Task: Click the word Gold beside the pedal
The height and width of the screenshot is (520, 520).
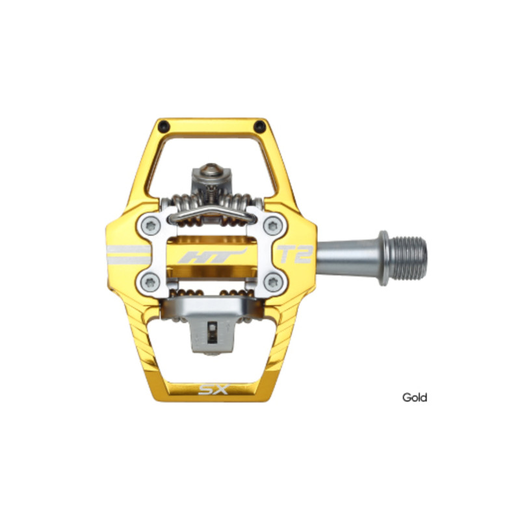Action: pyautogui.click(x=415, y=397)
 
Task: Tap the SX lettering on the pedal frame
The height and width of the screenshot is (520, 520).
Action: pyautogui.click(x=214, y=389)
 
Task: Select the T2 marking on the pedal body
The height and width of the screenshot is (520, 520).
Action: pyautogui.click(x=295, y=254)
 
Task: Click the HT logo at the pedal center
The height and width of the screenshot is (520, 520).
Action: pyautogui.click(x=213, y=256)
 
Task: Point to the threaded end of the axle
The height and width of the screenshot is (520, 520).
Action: pyautogui.click(x=408, y=257)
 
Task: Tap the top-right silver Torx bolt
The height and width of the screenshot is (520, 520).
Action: pyautogui.click(x=273, y=226)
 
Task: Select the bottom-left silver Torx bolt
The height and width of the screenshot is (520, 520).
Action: pyautogui.click(x=150, y=283)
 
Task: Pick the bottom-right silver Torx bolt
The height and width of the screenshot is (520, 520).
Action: pyautogui.click(x=273, y=283)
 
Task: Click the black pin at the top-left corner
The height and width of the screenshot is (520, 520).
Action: pyautogui.click(x=164, y=126)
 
